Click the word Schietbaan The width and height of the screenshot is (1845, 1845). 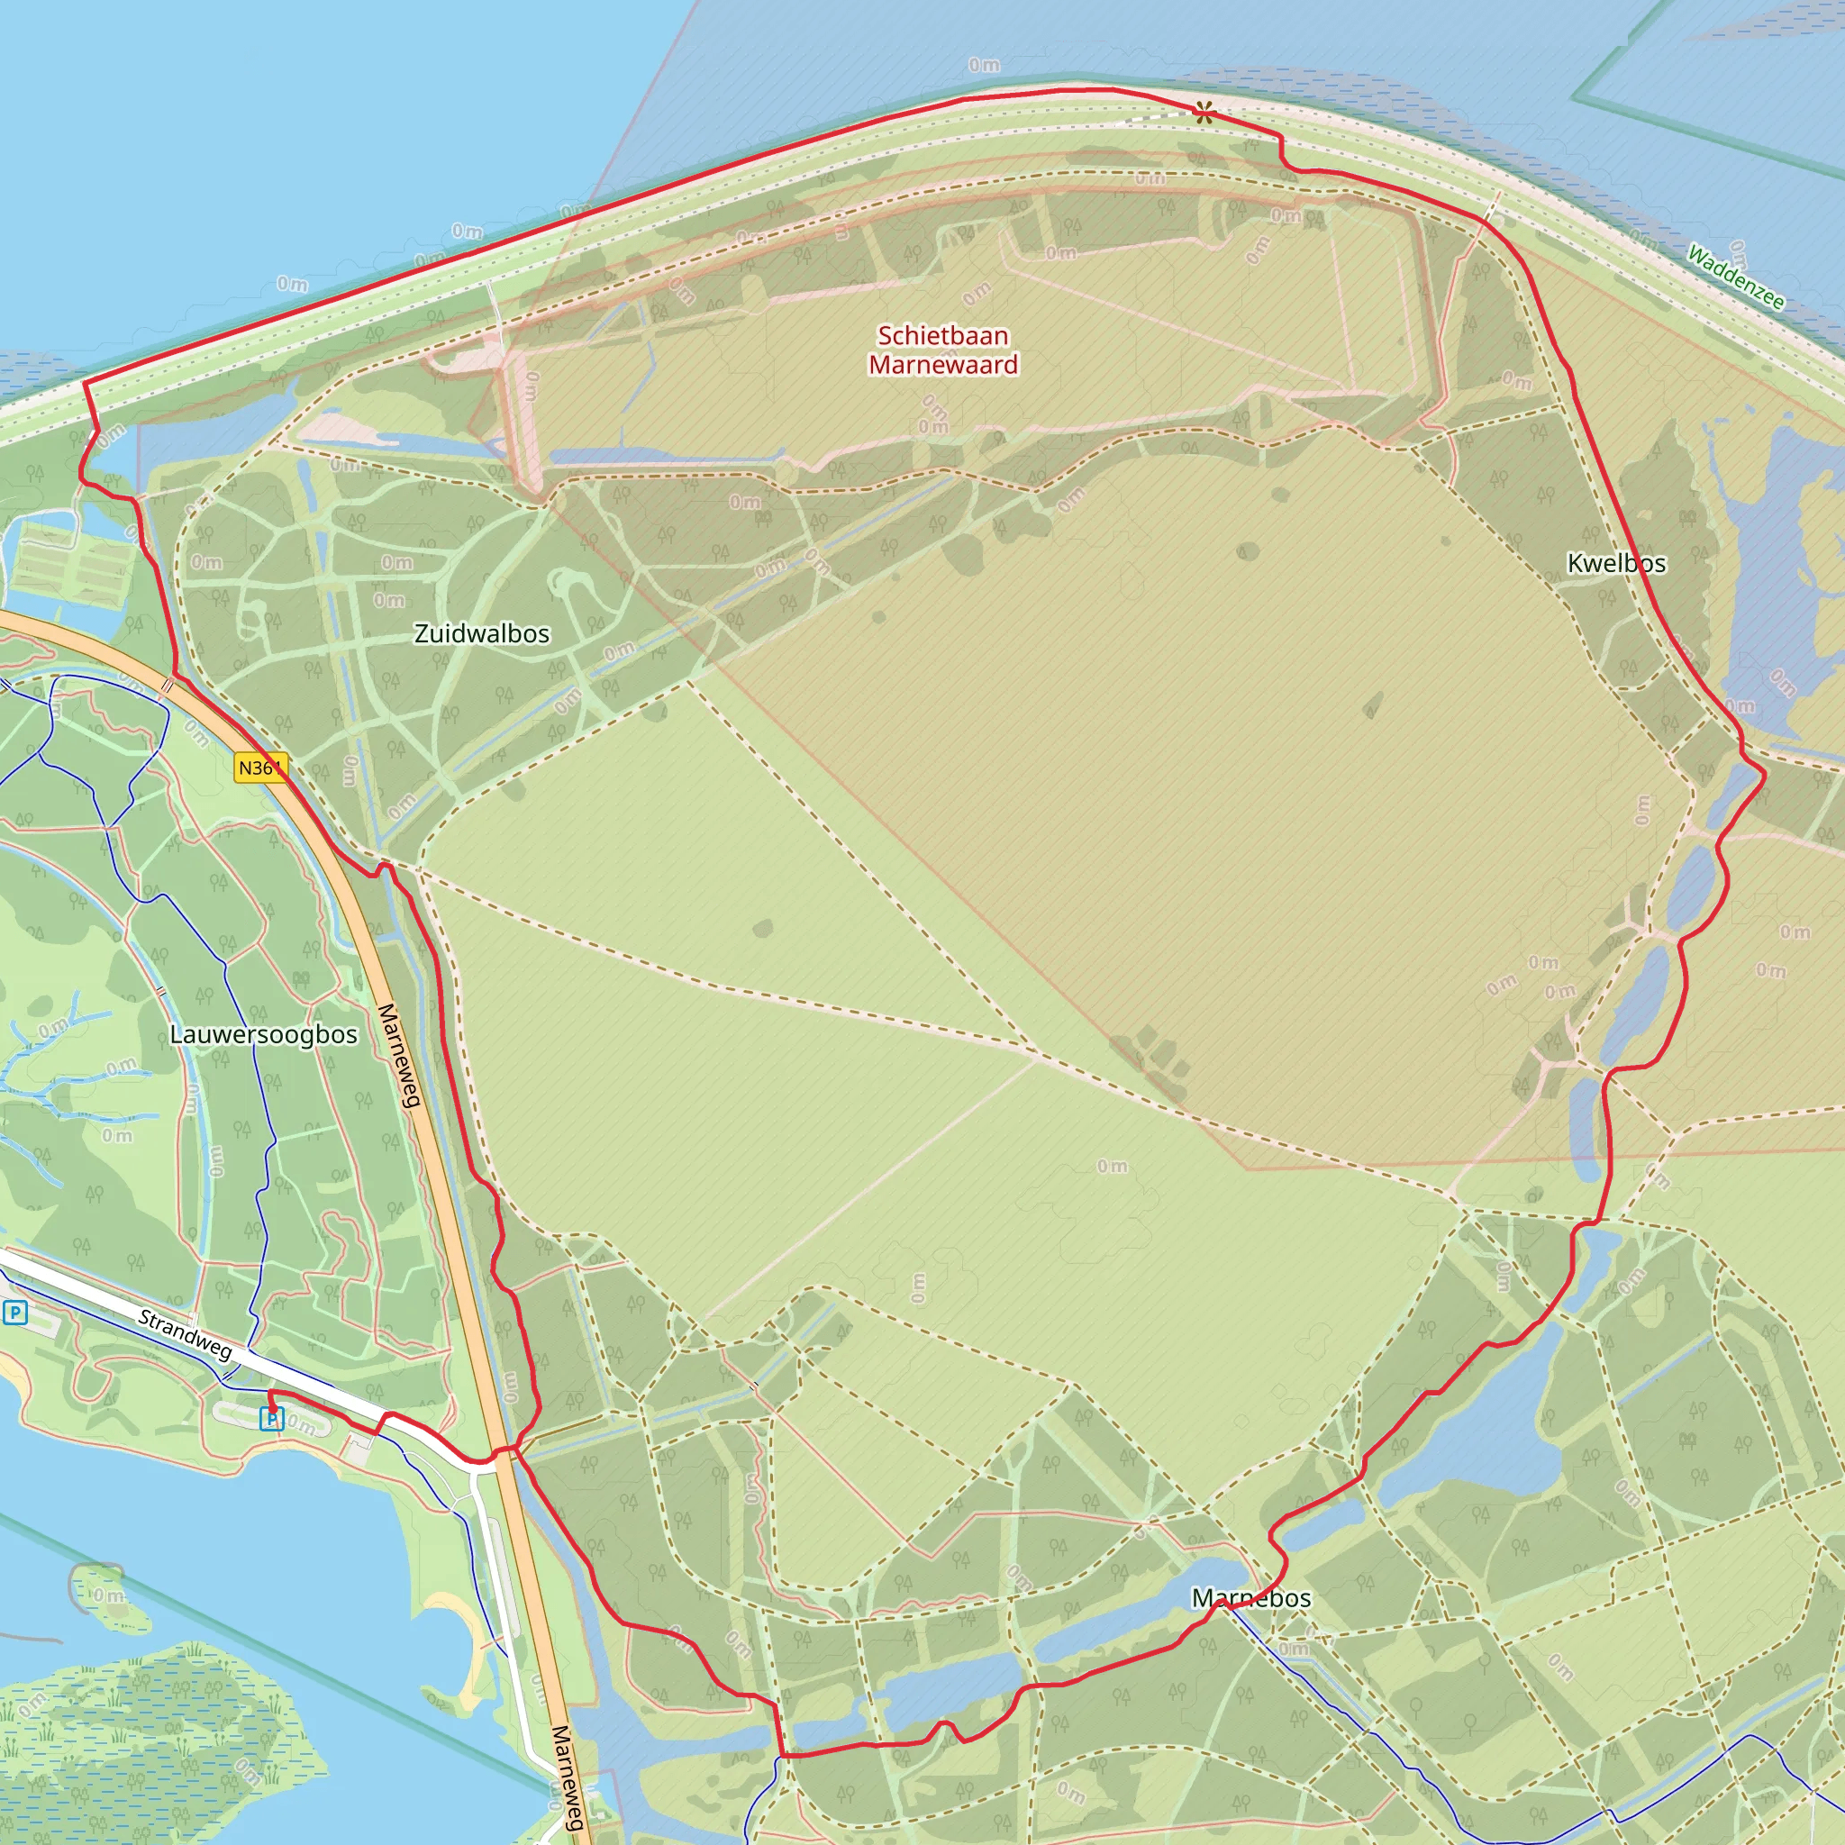tap(942, 336)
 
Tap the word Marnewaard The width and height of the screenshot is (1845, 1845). tap(942, 365)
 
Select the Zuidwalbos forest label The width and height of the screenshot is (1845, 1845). tap(481, 634)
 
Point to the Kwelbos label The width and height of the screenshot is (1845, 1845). tap(1616, 563)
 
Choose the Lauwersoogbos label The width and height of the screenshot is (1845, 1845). tap(264, 1035)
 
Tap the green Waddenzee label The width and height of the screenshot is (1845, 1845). tap(1734, 277)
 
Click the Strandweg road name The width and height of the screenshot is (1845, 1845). tap(186, 1334)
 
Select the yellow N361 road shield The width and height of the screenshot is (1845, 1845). tap(259, 768)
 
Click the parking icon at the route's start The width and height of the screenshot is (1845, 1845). tap(272, 1420)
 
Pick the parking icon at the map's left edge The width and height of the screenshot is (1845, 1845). tap(14, 1314)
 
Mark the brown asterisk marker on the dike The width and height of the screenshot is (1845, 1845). tap(1204, 113)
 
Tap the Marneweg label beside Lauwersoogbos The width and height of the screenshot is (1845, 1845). tap(399, 1055)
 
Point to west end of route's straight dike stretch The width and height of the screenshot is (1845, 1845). tap(86, 383)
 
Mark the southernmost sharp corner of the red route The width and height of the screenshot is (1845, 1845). tap(783, 1755)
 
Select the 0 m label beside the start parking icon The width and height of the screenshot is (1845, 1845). tap(302, 1427)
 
